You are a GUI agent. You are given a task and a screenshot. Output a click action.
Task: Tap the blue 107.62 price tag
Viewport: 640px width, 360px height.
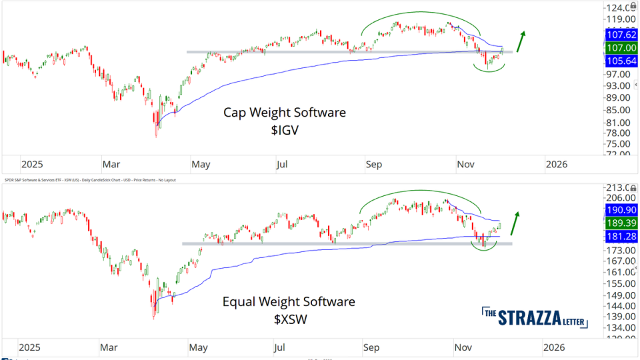pyautogui.click(x=621, y=35)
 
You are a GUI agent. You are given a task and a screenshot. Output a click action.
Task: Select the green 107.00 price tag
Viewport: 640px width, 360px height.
pyautogui.click(x=621, y=48)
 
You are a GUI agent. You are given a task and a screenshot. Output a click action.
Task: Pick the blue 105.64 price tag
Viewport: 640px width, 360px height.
pyautogui.click(x=621, y=61)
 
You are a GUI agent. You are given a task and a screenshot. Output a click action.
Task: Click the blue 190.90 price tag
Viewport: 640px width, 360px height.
pyautogui.click(x=621, y=209)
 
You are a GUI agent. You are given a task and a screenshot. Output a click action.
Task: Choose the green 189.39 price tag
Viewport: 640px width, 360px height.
pyautogui.click(x=621, y=222)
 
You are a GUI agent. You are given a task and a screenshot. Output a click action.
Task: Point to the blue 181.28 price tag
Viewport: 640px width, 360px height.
pyautogui.click(x=621, y=235)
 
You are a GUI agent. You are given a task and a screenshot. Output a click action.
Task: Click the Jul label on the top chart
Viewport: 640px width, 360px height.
pyautogui.click(x=282, y=164)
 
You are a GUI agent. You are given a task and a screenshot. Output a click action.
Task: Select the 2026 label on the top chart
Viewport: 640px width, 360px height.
pyautogui.click(x=557, y=164)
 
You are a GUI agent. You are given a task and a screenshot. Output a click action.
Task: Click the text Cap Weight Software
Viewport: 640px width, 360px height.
pyautogui.click(x=285, y=113)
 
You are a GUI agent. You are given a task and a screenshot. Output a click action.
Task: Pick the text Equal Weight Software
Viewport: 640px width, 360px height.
pyautogui.click(x=289, y=302)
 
